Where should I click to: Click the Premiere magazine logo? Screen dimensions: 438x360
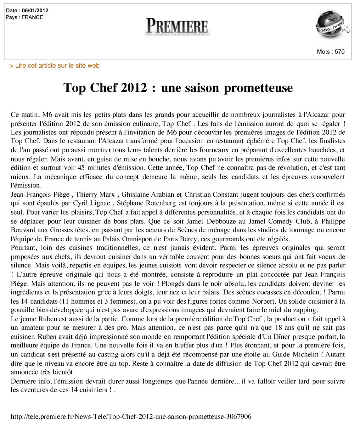coord(177,26)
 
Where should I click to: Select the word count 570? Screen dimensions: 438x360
coord(340,52)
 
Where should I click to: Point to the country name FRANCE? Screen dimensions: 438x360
coord(32,17)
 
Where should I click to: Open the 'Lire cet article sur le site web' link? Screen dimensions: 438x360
coord(54,65)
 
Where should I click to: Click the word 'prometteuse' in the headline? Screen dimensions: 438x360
coord(258,87)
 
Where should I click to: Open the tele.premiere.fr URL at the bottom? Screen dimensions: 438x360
coord(131,417)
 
